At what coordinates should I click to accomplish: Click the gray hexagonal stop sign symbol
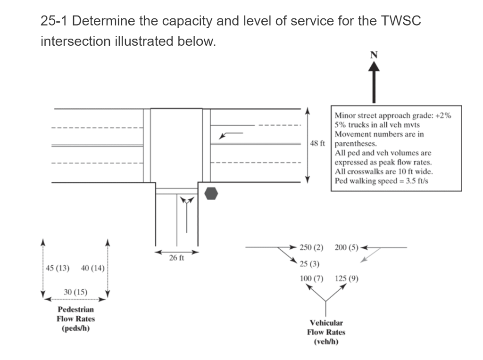click(212, 193)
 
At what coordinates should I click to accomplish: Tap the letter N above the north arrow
click(374, 55)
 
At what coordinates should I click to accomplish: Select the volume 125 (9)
click(347, 278)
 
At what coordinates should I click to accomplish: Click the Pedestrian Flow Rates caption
click(75, 319)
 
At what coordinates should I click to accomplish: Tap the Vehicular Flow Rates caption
click(326, 332)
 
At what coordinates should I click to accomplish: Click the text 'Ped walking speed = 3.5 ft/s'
click(381, 181)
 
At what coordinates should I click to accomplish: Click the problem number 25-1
click(55, 21)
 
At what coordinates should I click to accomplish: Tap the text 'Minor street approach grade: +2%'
click(392, 115)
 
